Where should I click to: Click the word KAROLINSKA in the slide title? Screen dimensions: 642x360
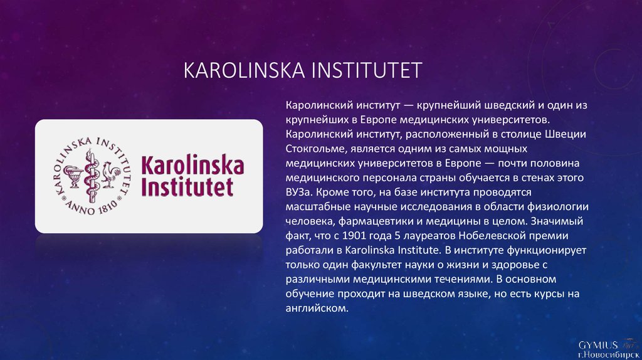[244, 70]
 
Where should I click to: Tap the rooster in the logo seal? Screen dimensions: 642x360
[109, 175]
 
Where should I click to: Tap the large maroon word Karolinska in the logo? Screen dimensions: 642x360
[192, 165]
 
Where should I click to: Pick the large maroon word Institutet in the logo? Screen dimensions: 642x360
[187, 187]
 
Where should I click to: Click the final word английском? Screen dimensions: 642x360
[317, 309]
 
